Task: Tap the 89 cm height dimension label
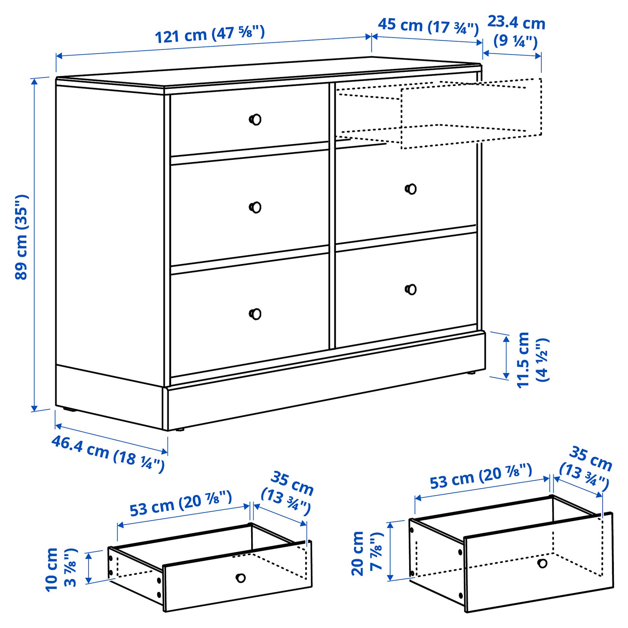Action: point(22,237)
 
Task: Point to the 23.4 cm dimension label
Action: point(516,31)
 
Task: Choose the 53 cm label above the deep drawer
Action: point(481,476)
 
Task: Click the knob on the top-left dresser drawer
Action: point(256,120)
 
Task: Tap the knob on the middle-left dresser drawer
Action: point(256,207)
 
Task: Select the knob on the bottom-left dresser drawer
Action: point(256,314)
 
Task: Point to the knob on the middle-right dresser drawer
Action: point(411,189)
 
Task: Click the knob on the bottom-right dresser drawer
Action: point(411,289)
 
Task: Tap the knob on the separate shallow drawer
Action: point(240,578)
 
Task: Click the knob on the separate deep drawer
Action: point(542,563)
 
